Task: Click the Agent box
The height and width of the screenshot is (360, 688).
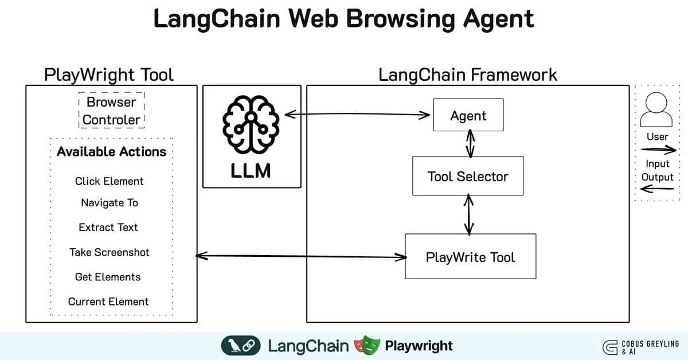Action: coord(468,115)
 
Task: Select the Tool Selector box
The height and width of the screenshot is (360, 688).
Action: coord(468,176)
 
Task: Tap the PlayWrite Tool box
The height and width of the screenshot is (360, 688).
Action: coord(470,257)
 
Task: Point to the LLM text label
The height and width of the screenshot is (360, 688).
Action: coord(251,171)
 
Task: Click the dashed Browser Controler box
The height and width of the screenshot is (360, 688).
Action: coord(111,111)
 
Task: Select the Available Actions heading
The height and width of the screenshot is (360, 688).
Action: coord(111,152)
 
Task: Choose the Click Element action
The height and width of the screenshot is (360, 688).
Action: coord(109,181)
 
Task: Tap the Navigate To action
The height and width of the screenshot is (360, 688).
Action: coord(109,203)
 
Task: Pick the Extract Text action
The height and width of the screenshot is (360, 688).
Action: coord(108,228)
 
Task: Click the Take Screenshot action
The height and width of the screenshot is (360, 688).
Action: coord(109,252)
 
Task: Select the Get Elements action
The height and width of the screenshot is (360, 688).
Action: coord(108,277)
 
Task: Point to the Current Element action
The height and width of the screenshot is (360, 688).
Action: coord(108,302)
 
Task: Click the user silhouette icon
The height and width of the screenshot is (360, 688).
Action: coord(656,111)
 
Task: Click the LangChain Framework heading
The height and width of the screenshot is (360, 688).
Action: coord(467,75)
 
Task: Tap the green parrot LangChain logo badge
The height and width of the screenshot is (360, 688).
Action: coord(240,346)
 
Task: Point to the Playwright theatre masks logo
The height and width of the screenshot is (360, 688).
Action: coord(368,346)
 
